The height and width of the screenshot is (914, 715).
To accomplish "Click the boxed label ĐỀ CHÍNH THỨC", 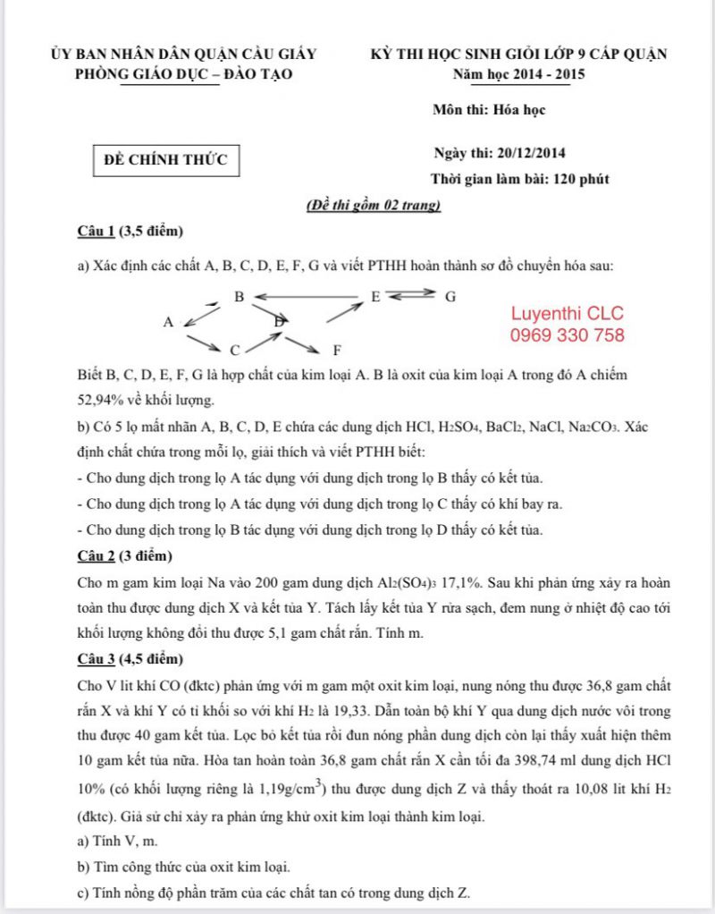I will (166, 160).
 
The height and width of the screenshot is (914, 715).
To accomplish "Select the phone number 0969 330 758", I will (568, 335).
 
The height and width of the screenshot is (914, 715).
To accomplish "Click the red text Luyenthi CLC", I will (568, 314).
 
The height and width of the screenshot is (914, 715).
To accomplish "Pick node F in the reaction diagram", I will (336, 350).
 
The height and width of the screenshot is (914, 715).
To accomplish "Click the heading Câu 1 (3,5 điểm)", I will (130, 233).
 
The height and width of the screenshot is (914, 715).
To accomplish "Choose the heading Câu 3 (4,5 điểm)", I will (130, 660).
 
